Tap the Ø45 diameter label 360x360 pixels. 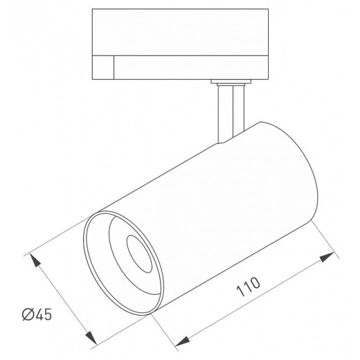[37, 314]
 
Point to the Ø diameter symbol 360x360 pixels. [28, 314]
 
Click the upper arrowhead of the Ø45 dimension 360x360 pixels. [35, 260]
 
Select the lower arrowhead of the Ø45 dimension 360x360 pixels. [91, 337]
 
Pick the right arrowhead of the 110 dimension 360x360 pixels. [327, 257]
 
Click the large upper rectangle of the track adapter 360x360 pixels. [180, 32]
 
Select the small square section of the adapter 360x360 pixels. [103, 67]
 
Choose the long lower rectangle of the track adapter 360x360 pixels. [191, 67]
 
